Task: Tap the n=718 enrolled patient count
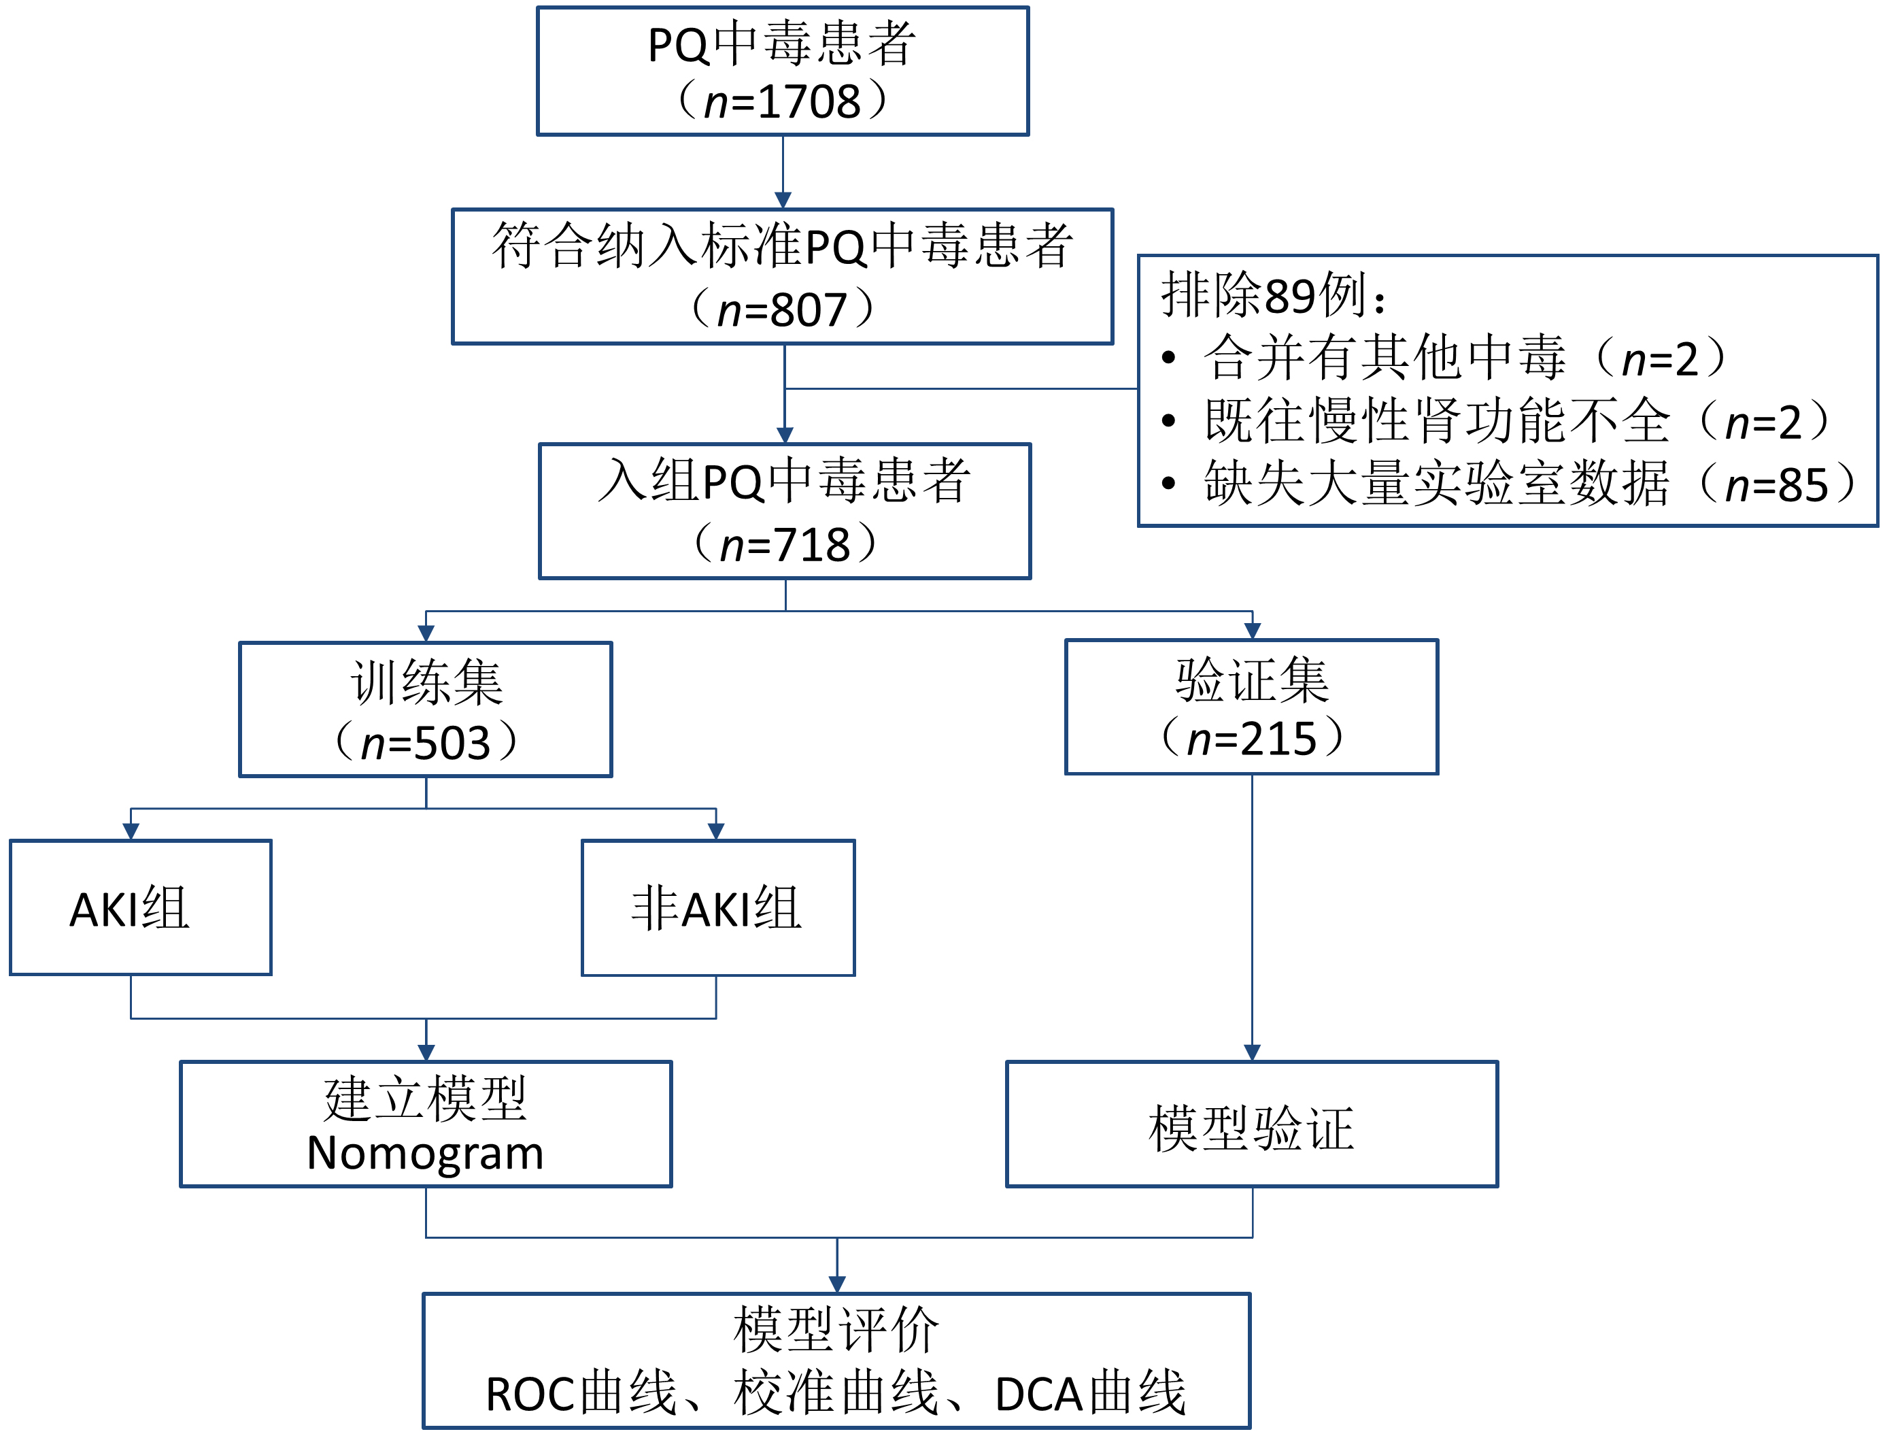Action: pos(785,544)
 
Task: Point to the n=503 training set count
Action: pos(426,742)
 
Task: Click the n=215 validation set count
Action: pos(1252,739)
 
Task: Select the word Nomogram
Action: pos(425,1153)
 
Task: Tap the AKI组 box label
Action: pos(129,909)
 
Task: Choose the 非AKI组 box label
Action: pos(717,909)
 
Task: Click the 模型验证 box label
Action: pos(1251,1129)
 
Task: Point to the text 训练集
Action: pos(426,683)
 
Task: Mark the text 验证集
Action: pos(1252,680)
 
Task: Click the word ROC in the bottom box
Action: pos(530,1395)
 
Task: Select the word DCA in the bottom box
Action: pos(1039,1395)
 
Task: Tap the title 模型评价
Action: pos(836,1331)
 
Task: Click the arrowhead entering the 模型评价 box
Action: pos(837,1284)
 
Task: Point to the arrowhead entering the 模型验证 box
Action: pos(1252,1052)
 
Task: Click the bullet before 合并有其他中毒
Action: pos(1169,358)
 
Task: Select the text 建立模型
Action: pos(425,1099)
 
